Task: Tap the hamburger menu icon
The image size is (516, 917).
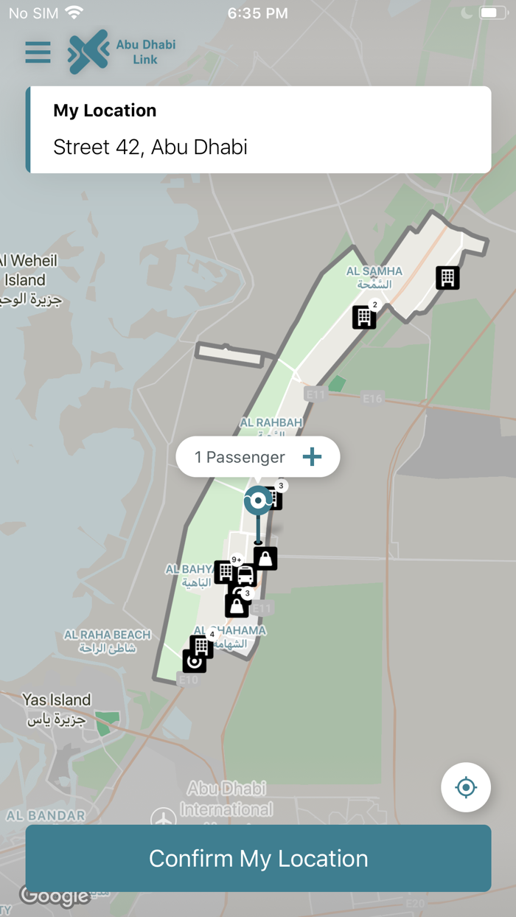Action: point(38,52)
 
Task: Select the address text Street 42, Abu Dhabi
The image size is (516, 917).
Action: point(150,147)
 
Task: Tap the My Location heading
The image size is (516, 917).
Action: point(105,111)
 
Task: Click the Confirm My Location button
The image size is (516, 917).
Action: point(258,858)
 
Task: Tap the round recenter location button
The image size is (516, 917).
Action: point(466,787)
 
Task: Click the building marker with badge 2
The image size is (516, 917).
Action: point(364,317)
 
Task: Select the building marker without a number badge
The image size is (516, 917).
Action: point(447,277)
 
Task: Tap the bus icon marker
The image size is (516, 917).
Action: point(245,575)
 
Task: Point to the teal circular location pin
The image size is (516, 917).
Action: point(258,501)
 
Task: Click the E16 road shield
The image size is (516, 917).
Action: point(373,398)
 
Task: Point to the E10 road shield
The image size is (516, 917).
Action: point(189,680)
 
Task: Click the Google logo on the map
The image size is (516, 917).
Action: point(55,896)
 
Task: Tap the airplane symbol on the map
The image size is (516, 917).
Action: point(164,818)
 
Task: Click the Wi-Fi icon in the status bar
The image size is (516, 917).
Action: point(74,13)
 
